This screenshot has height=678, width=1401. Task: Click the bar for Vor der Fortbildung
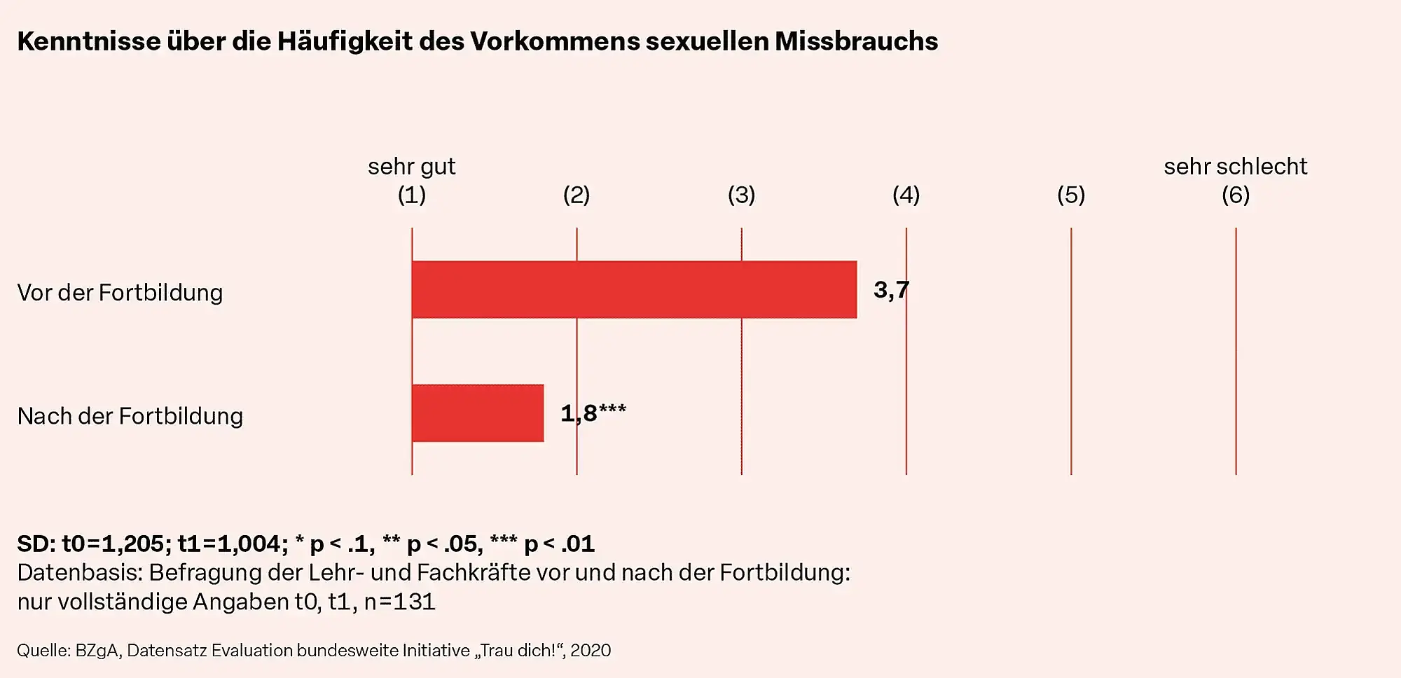634,289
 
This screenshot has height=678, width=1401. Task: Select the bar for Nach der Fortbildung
478,413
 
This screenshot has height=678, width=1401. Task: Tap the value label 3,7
891,289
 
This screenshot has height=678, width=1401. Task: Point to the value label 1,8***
593,413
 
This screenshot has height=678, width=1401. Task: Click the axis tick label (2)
577,195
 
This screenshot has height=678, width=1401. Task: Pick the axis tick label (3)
741,195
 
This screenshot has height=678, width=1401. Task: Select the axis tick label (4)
906,195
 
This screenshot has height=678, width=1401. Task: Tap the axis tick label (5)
1070,195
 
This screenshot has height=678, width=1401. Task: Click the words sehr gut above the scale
411,167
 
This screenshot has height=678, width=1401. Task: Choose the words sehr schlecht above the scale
1235,167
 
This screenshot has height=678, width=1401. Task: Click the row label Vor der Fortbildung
120,293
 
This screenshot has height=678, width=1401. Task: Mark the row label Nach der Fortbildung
130,416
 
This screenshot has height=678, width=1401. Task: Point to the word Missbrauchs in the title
856,41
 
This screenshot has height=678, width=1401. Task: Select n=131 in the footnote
400,602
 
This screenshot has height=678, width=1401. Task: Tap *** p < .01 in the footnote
542,544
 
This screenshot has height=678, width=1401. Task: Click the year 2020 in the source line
591,651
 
